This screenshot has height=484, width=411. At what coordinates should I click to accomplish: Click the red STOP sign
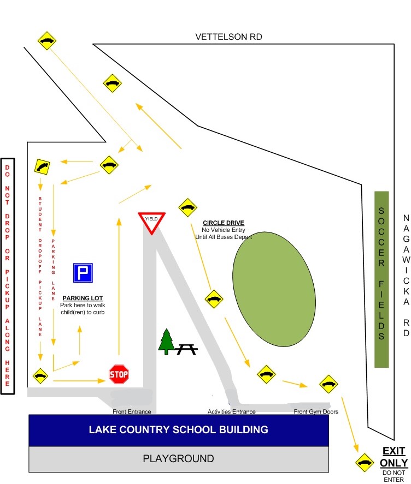(119, 374)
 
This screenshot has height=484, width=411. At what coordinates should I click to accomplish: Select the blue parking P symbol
(83, 273)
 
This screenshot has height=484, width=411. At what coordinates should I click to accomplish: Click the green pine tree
(166, 342)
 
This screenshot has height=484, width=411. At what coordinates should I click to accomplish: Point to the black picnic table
(186, 349)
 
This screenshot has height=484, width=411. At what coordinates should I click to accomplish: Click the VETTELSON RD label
(228, 37)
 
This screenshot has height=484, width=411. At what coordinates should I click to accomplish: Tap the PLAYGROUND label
(178, 458)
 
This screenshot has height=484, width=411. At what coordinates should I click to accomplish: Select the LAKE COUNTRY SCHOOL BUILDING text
(178, 429)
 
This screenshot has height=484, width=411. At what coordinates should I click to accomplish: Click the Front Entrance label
(132, 411)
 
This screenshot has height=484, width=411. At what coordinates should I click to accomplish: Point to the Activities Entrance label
(231, 411)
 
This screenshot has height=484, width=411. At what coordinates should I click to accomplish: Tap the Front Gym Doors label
(316, 411)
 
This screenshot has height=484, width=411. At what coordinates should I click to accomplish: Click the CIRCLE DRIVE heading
(224, 223)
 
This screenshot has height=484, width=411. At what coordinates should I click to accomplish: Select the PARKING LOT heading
(83, 298)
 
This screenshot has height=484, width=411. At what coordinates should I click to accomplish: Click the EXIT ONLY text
(394, 457)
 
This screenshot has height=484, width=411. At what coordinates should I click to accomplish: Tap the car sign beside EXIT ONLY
(365, 462)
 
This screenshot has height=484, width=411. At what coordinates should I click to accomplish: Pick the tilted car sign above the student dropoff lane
(42, 166)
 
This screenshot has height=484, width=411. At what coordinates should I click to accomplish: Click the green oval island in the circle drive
(274, 289)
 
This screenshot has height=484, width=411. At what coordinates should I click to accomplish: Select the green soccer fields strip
(381, 279)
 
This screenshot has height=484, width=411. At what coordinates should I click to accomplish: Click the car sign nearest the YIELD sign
(187, 207)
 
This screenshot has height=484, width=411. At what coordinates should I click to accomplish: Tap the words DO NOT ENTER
(394, 476)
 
